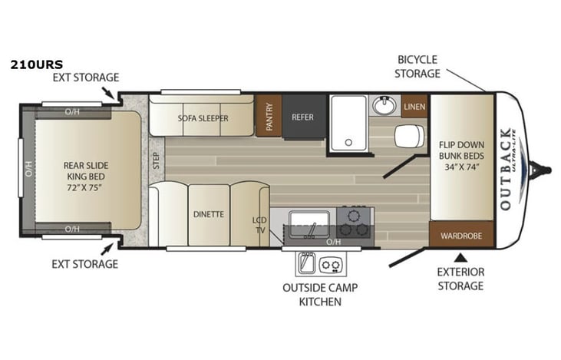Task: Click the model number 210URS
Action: click(37, 64)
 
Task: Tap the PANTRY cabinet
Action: click(269, 116)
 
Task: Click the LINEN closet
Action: click(414, 106)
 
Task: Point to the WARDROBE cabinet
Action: click(460, 236)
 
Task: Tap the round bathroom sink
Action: click(384, 105)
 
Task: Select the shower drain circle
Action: click(348, 142)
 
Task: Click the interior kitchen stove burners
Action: click(355, 223)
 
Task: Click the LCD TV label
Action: click(260, 225)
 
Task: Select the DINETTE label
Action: click(209, 214)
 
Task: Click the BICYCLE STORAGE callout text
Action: click(418, 66)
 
